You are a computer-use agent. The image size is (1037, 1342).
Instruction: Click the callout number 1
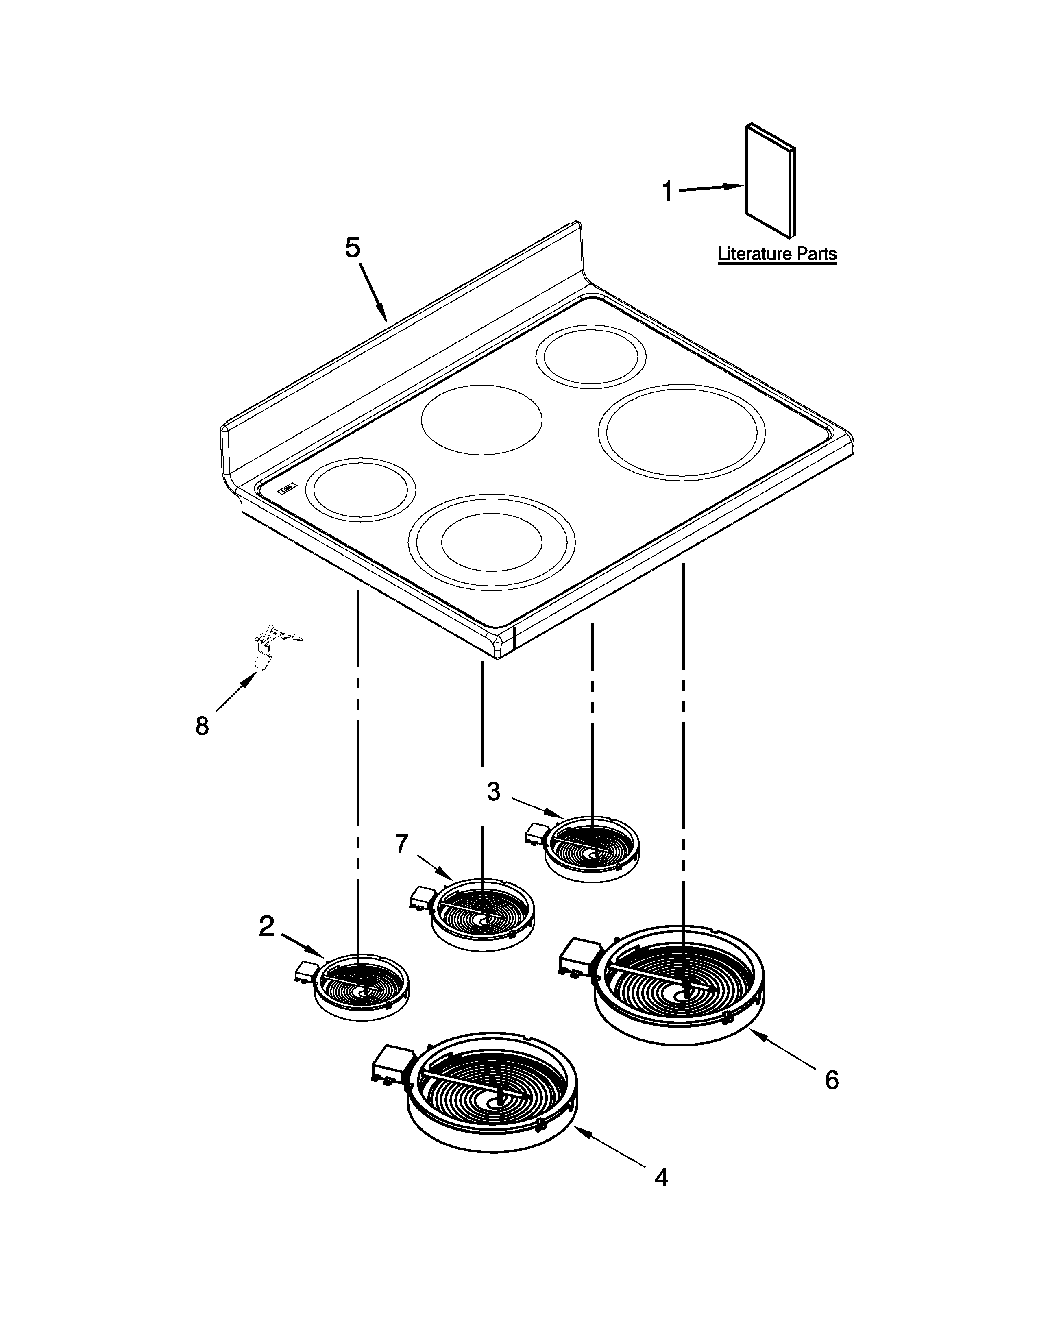pos(667,192)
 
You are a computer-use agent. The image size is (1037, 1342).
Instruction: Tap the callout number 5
pos(353,248)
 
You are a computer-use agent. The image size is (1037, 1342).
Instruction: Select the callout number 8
pos(202,726)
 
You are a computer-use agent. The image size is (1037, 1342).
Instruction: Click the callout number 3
pos(493,792)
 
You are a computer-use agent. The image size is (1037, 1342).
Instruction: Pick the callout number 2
pos(266,926)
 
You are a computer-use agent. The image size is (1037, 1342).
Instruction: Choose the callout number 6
pos(831,1080)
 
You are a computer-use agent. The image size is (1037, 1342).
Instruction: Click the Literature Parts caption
pos(777,254)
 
